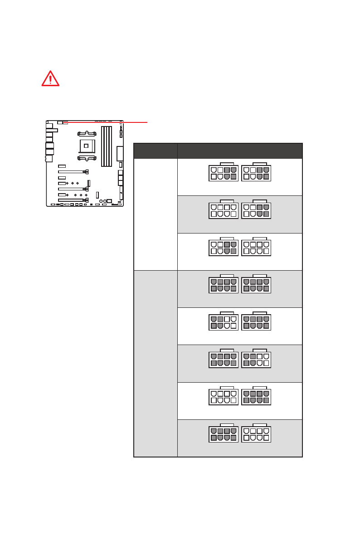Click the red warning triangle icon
[50, 78]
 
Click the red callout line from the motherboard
[109, 122]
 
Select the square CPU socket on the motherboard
[86, 146]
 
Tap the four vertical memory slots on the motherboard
[106, 146]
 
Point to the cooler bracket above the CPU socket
[86, 134]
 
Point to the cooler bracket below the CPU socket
[86, 158]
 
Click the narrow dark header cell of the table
[156, 151]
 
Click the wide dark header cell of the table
[240, 151]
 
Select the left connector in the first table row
[224, 173]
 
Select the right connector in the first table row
[256, 173]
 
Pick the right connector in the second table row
[256, 210]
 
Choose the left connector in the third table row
[224, 248]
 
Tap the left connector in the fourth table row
[224, 285]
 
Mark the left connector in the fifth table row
[224, 322]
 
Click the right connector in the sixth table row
[256, 359]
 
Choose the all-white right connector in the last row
[256, 434]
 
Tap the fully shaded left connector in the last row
[224, 434]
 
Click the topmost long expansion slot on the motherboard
[73, 172]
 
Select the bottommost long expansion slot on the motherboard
[73, 199]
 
